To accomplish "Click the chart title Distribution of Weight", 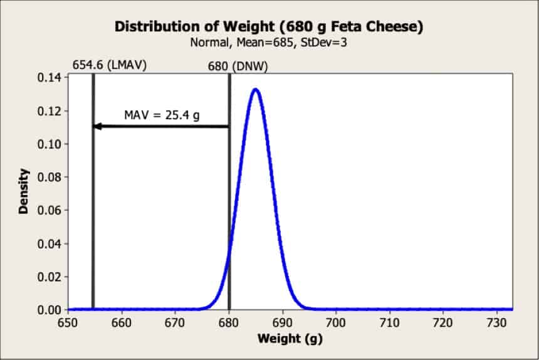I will pyautogui.click(x=269, y=27).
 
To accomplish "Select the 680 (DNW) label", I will pyautogui.click(x=238, y=66).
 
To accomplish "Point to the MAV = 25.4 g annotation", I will pyautogui.click(x=162, y=115).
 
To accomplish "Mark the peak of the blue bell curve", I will pyautogui.click(x=256, y=90).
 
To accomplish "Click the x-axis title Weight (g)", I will pyautogui.click(x=290, y=339).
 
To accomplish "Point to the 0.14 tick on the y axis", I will pyautogui.click(x=50, y=78).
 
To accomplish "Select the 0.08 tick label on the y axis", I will pyautogui.click(x=50, y=177).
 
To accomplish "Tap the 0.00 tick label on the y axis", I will pyautogui.click(x=50, y=310).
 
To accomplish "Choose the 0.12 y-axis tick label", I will pyautogui.click(x=50, y=111).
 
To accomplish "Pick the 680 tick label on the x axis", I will pyautogui.click(x=229, y=323).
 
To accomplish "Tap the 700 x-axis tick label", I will pyautogui.click(x=336, y=323).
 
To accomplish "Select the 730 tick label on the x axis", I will pyautogui.click(x=497, y=323).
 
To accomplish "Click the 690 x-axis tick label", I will pyautogui.click(x=282, y=323).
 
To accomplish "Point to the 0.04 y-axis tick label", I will pyautogui.click(x=50, y=243).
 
